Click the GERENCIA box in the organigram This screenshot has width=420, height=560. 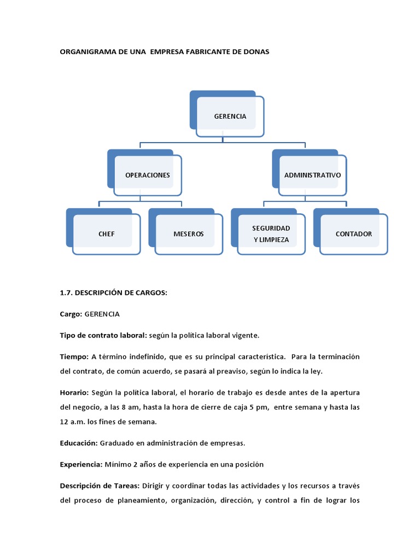click(x=230, y=116)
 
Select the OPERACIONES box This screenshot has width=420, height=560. click(x=148, y=175)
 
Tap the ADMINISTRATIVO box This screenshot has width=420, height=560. click(x=312, y=175)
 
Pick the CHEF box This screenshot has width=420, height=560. click(x=107, y=234)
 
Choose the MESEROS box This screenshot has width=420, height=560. click(x=189, y=234)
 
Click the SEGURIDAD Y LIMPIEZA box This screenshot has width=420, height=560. click(x=271, y=234)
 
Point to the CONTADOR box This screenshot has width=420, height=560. click(x=354, y=234)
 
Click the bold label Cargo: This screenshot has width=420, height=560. click(x=71, y=314)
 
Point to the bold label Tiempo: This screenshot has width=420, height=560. click(x=74, y=357)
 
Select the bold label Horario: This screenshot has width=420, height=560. click(x=74, y=393)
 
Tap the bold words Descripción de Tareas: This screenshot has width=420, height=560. click(x=100, y=486)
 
